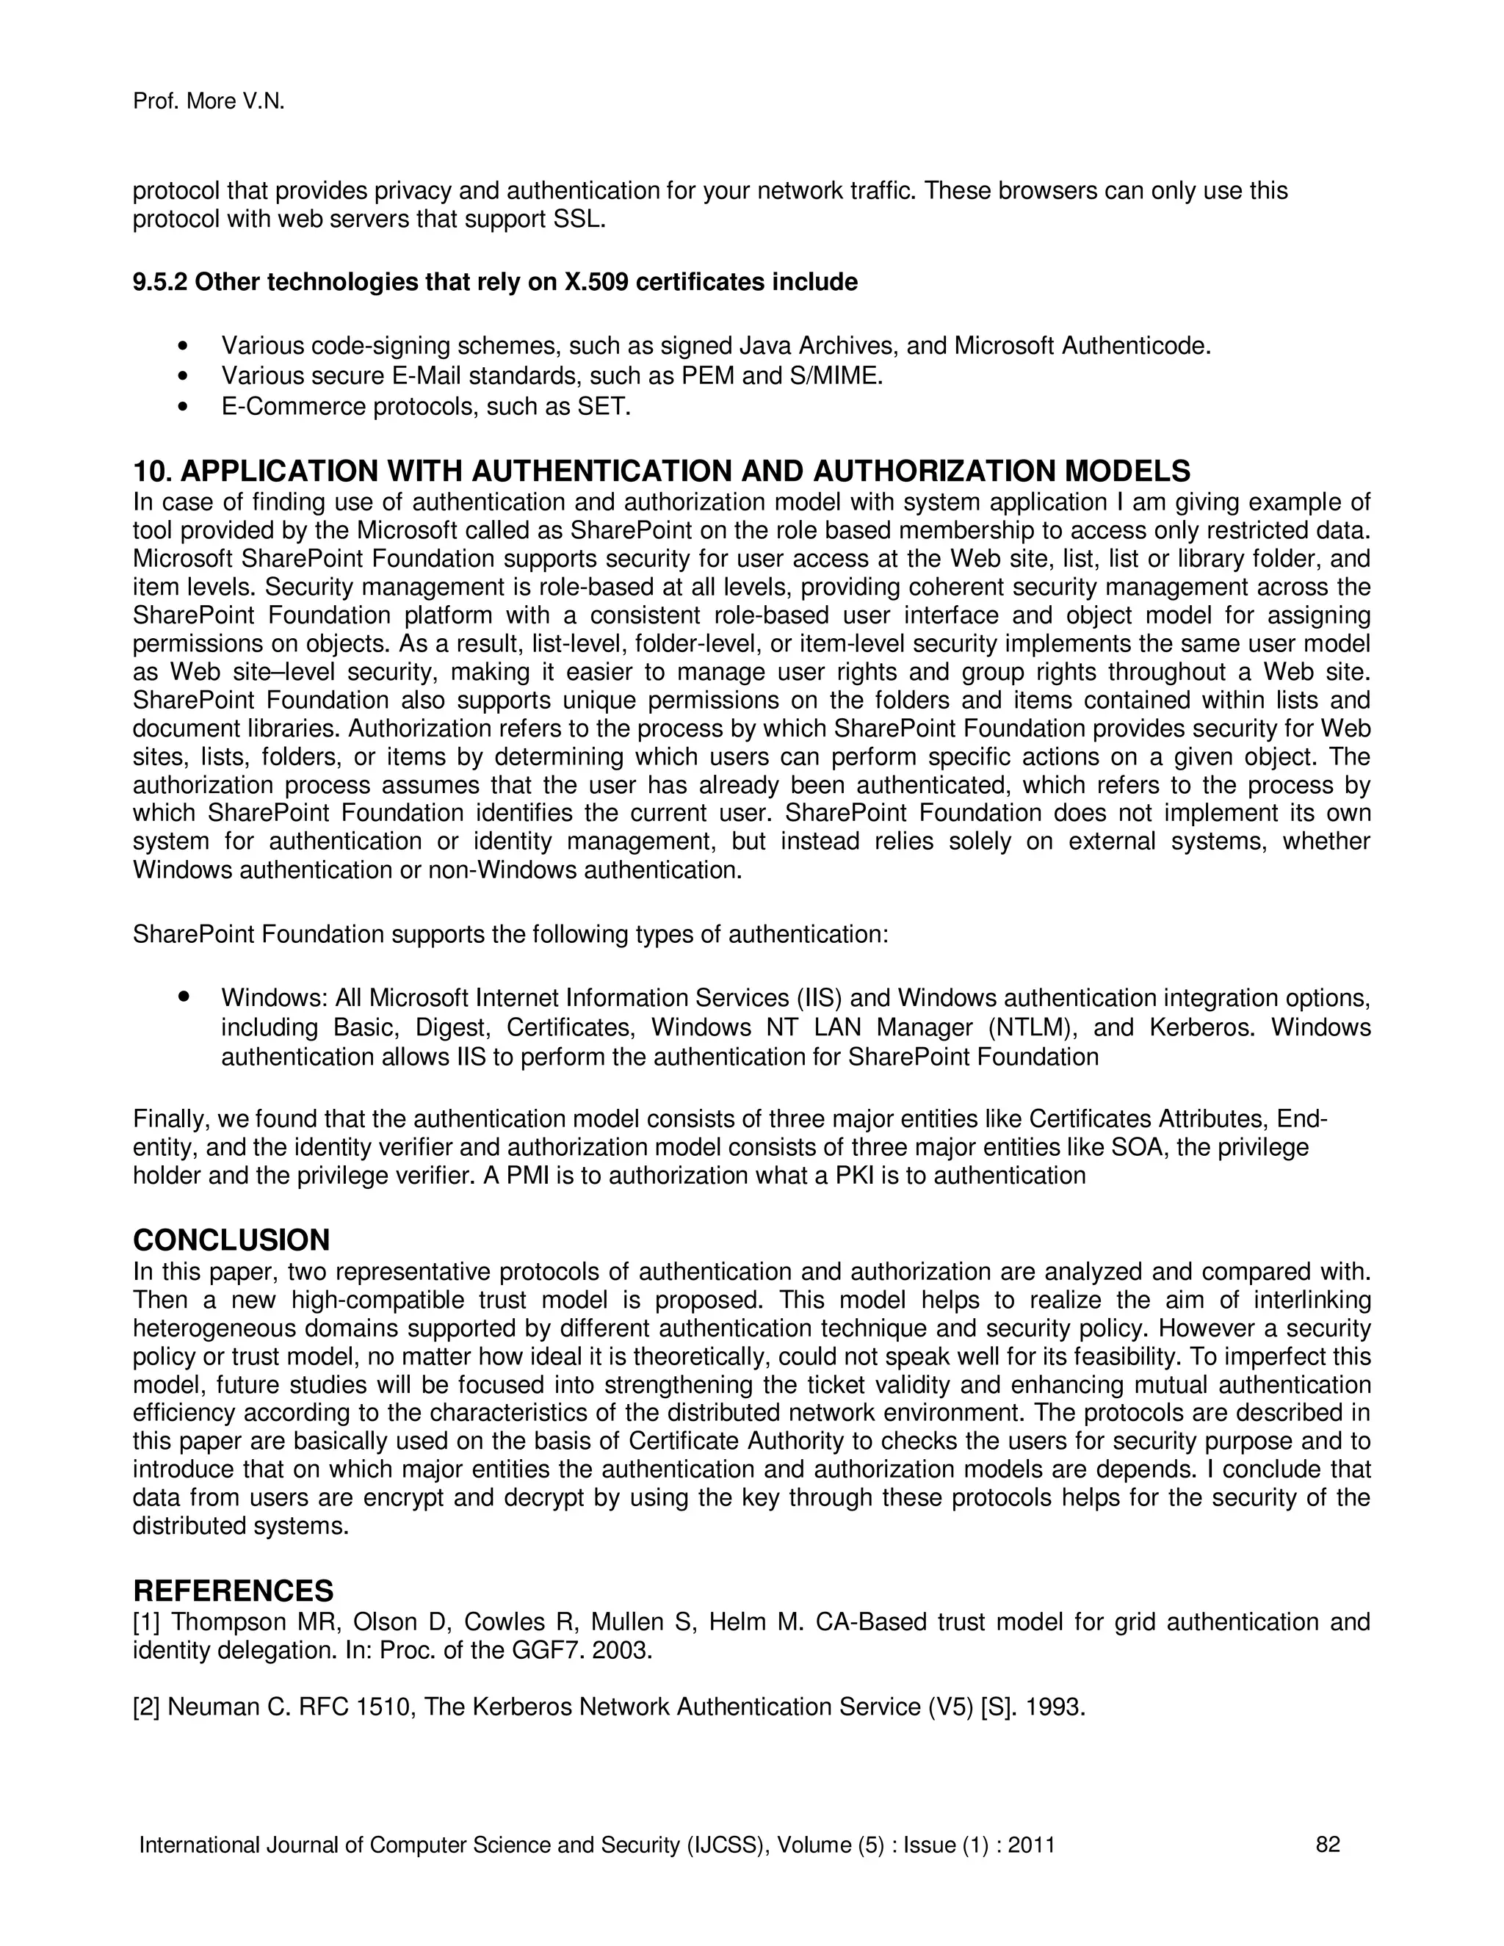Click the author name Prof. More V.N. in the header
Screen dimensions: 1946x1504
point(209,103)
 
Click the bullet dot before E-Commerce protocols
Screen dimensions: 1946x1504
point(184,408)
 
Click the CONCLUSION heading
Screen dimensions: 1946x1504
point(231,1240)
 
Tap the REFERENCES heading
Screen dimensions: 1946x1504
point(233,1591)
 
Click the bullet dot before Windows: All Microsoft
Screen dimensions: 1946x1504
point(184,997)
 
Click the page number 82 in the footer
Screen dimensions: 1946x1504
point(1328,1845)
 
